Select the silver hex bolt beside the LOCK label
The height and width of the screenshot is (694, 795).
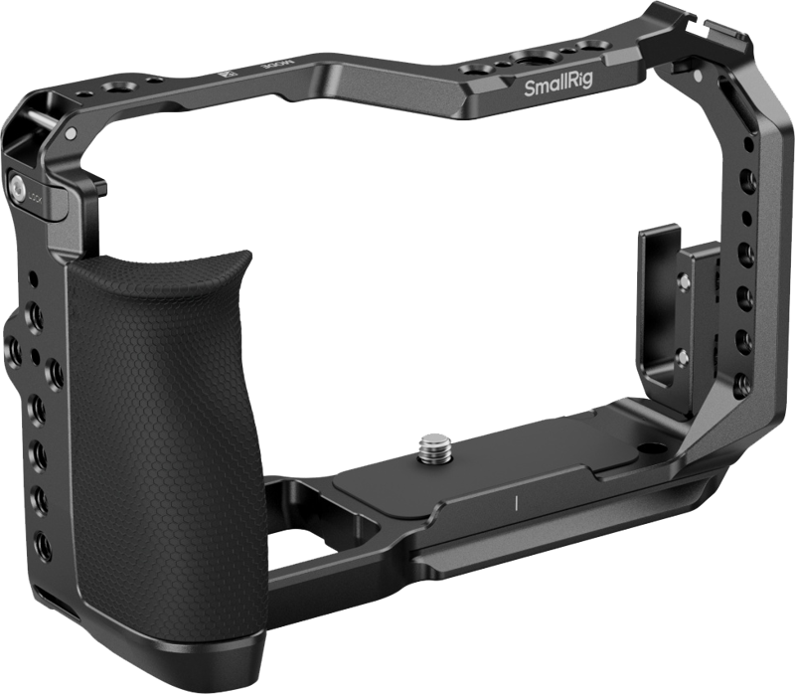click(x=20, y=185)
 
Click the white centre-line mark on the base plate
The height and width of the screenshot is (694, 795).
click(x=518, y=501)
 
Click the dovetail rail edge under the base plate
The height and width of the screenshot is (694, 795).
click(x=556, y=542)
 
